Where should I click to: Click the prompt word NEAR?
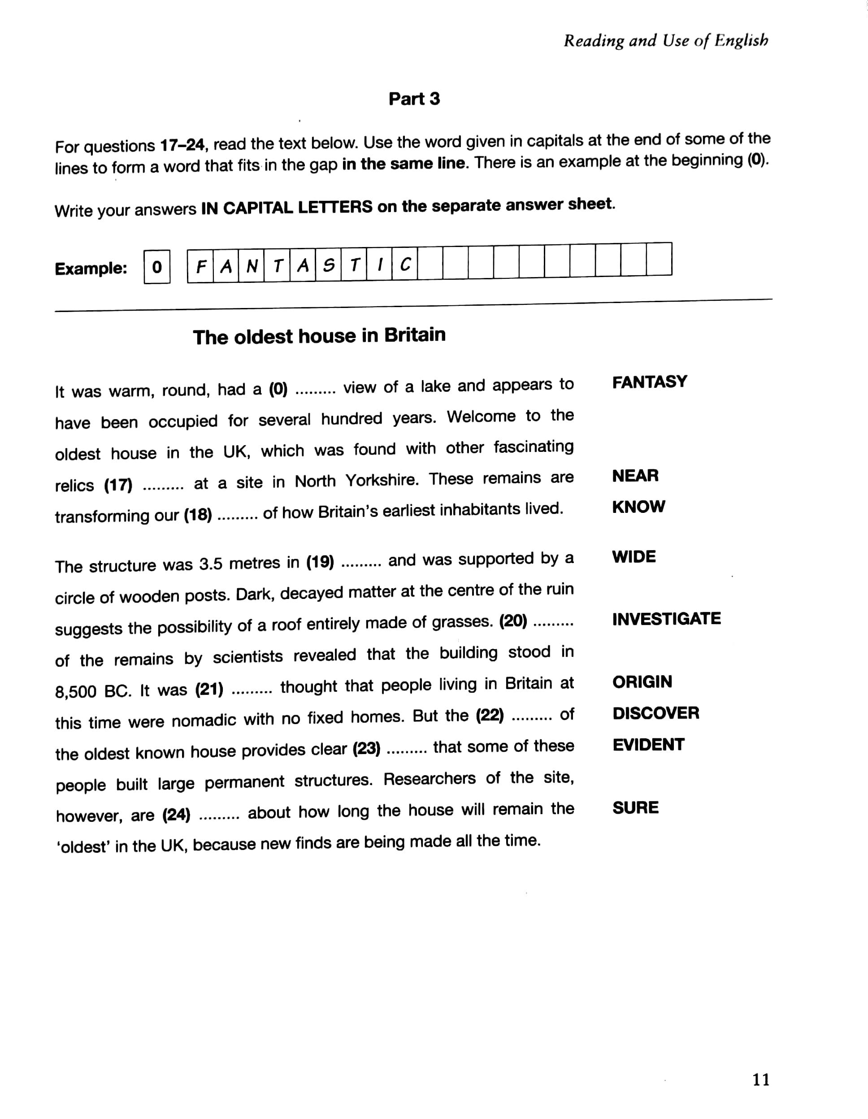[x=635, y=476]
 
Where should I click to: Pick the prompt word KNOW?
[x=638, y=507]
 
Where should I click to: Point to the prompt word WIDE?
[x=634, y=556]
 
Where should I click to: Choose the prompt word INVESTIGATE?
[x=666, y=619]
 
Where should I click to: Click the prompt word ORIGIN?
[x=642, y=681]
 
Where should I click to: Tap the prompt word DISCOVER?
[x=655, y=713]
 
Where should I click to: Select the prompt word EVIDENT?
[x=648, y=745]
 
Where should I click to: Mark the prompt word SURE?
[x=635, y=807]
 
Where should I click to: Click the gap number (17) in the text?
[x=118, y=485]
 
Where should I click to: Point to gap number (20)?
[x=513, y=621]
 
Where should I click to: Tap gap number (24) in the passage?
[x=176, y=815]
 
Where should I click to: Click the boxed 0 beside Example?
[x=157, y=267]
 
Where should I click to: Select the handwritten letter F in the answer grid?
[x=201, y=266]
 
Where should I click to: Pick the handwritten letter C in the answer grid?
[x=405, y=265]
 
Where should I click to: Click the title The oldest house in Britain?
[x=319, y=336]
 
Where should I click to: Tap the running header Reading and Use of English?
[x=666, y=40]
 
